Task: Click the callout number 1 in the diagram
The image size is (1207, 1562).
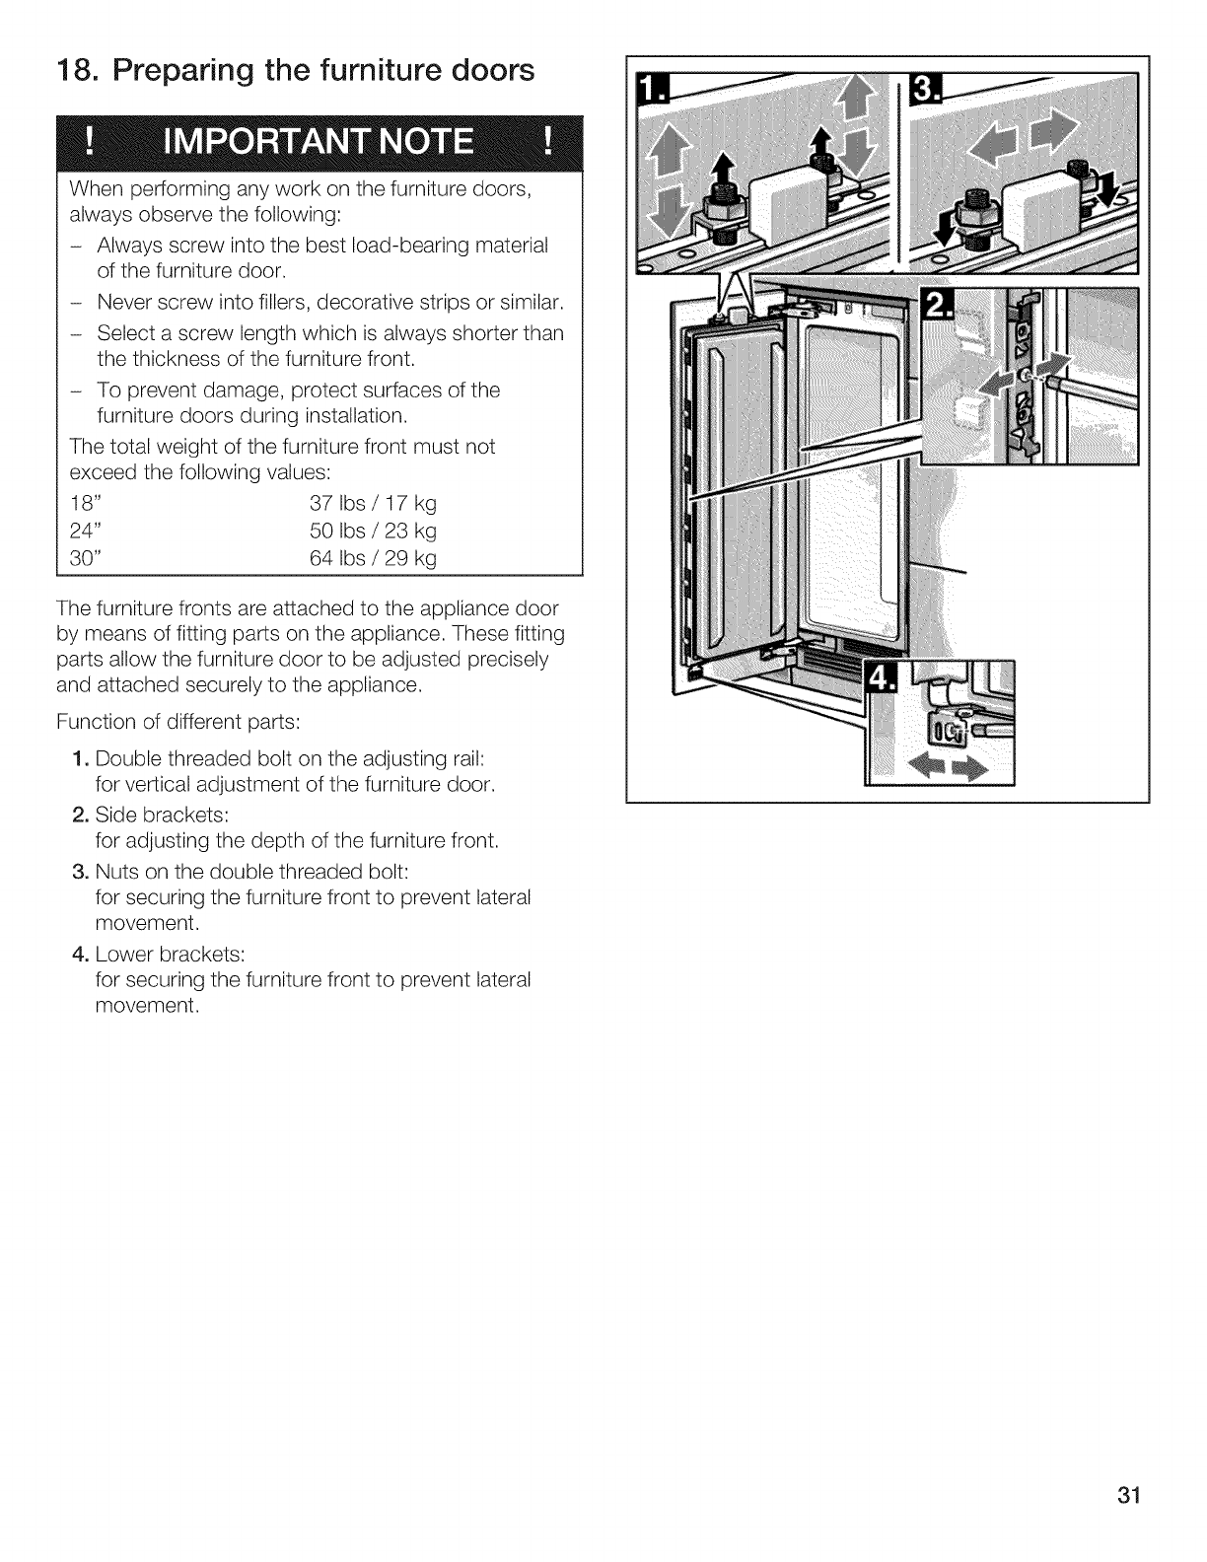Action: click(649, 92)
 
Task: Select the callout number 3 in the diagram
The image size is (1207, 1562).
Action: click(927, 92)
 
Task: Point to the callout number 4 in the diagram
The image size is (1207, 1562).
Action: click(877, 677)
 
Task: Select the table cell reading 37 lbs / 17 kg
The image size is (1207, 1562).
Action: click(374, 503)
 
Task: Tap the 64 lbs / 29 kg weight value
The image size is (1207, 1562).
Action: click(374, 558)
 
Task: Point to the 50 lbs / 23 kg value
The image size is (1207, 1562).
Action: click(374, 531)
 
